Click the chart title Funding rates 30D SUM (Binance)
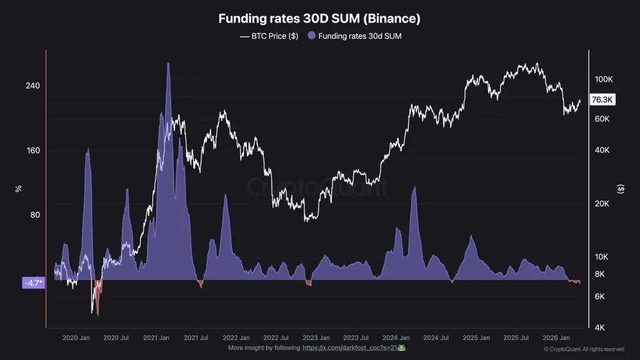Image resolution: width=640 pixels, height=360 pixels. tap(319, 19)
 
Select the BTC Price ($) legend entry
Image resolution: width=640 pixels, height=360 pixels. tap(269, 36)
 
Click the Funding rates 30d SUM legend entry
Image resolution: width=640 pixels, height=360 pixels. tap(355, 36)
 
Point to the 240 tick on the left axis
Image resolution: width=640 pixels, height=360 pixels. tap(33, 86)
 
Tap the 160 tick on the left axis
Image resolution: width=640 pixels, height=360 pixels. tap(33, 151)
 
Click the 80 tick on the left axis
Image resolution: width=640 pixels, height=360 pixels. tap(35, 215)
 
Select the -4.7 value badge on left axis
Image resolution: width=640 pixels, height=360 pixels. tap(33, 283)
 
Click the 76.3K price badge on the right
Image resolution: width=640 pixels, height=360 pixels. tap(603, 99)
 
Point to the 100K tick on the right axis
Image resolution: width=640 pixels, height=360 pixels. tap(603, 79)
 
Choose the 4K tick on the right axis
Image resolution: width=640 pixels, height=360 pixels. tap(599, 327)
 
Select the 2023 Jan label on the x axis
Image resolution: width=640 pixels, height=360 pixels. tap(316, 337)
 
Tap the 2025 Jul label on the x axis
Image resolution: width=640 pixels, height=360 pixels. tap(516, 337)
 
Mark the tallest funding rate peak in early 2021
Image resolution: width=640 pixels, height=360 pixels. tap(168, 64)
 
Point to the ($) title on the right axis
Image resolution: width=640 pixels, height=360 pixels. tap(621, 189)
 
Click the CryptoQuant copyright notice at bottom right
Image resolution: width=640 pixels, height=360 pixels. tap(583, 349)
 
